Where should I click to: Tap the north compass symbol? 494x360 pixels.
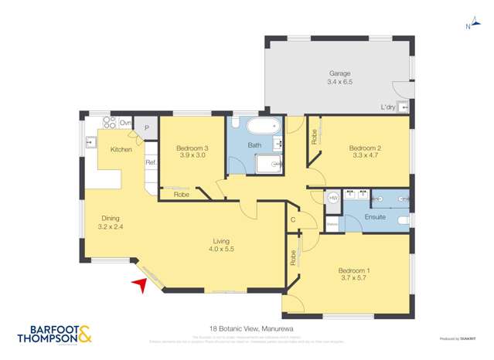point(468,28)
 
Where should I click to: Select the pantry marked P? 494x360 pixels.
point(145,127)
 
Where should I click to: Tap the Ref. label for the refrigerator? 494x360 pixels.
point(151,162)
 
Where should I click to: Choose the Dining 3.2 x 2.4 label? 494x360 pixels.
point(112,222)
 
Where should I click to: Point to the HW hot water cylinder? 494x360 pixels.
point(333,199)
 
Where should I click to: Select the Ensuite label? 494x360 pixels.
point(375,217)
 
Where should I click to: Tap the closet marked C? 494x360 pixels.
point(293,219)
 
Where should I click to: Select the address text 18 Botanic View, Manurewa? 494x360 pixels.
point(247,328)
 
